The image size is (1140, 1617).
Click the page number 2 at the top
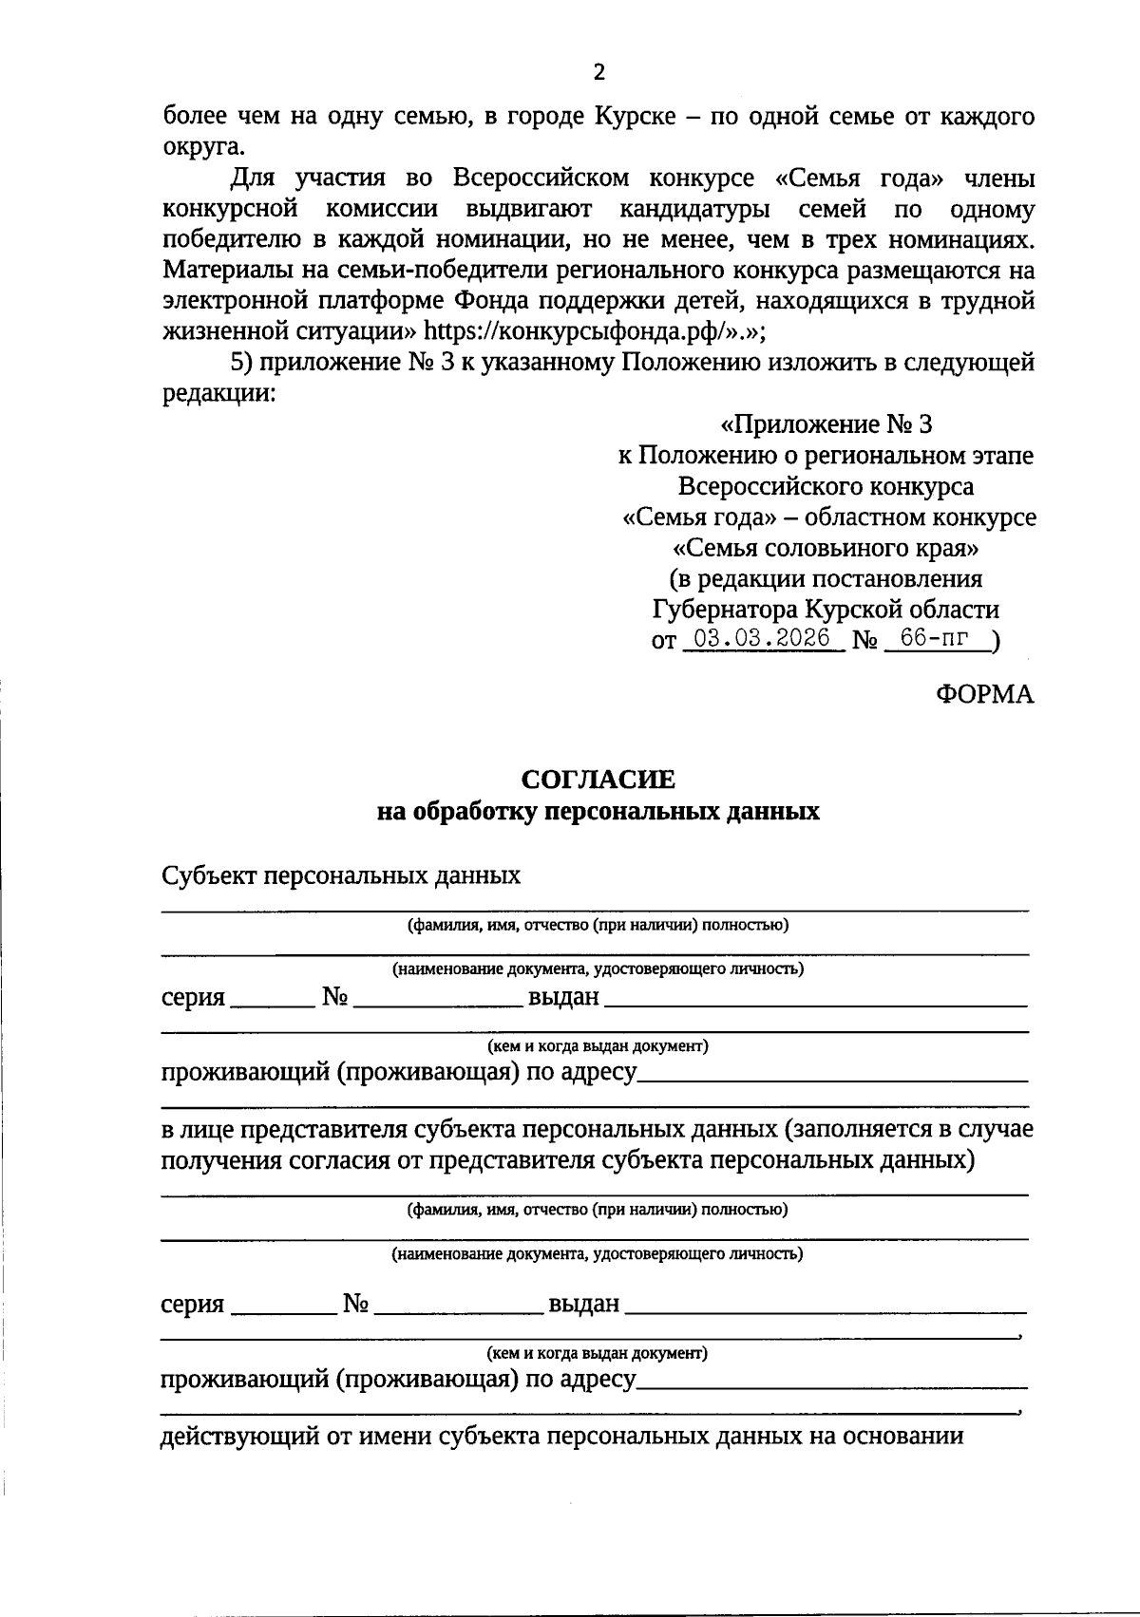[598, 72]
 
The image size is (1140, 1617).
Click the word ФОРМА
[984, 695]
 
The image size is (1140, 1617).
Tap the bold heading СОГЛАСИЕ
[598, 780]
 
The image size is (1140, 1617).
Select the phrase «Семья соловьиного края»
[826, 548]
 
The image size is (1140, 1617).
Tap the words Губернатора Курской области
[826, 609]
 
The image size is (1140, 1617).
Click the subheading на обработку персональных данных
[598, 812]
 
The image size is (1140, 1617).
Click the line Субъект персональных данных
[341, 874]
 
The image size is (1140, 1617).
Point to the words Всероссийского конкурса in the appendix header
[826, 486]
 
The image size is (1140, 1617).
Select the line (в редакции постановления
[826, 578]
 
